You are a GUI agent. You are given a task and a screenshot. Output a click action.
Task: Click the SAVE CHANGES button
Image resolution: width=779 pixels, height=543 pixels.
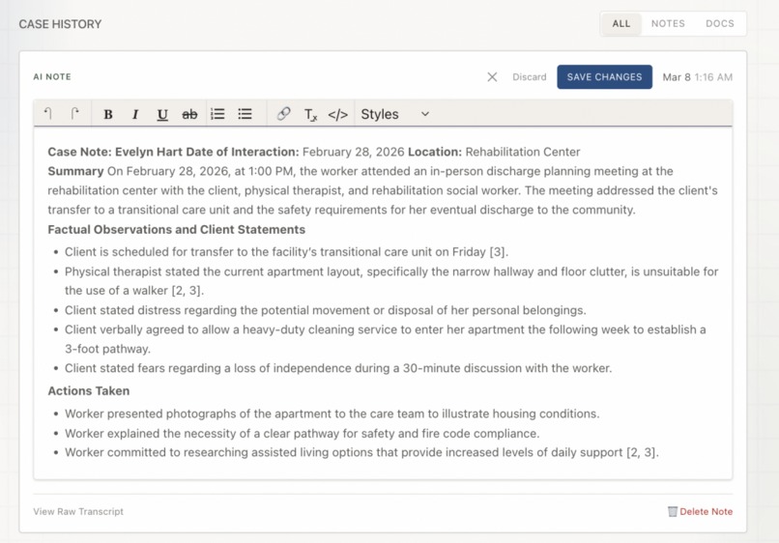point(604,77)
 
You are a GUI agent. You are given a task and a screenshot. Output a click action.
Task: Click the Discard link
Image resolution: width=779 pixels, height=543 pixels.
point(529,77)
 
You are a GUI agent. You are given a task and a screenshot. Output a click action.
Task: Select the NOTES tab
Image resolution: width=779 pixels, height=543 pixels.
point(668,24)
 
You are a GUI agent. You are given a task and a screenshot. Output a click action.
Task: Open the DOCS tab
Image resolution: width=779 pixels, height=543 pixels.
point(719,24)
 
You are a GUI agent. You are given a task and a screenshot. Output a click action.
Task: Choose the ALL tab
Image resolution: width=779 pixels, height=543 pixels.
point(621,24)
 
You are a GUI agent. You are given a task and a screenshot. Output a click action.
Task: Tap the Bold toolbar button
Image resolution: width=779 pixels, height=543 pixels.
point(108,114)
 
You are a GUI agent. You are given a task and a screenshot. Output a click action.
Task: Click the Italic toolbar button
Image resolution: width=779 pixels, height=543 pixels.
point(135,114)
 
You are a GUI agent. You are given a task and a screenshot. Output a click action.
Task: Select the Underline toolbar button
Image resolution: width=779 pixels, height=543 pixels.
point(162,114)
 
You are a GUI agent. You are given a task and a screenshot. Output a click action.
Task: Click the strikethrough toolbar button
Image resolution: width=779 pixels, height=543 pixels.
point(189,114)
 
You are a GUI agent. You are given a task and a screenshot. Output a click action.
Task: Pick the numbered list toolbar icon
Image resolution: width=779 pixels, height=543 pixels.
point(217,114)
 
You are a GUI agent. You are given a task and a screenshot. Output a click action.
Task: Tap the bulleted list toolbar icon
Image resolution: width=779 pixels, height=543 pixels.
point(245,114)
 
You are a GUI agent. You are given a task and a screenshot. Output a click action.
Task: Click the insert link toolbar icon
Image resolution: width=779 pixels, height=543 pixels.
point(283,114)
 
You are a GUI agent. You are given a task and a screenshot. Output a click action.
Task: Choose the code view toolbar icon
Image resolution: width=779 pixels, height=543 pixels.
point(337,114)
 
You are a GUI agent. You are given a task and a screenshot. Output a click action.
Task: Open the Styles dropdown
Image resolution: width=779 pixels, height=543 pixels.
point(394,114)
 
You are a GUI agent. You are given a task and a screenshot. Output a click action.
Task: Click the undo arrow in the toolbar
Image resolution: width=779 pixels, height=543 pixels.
point(48,114)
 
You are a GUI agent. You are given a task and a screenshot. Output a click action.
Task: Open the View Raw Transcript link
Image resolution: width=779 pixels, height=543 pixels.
point(78,511)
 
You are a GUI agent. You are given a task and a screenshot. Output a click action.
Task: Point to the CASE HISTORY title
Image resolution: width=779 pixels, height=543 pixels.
point(60,24)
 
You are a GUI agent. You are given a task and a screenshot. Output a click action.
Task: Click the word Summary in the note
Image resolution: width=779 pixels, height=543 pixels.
point(75,171)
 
